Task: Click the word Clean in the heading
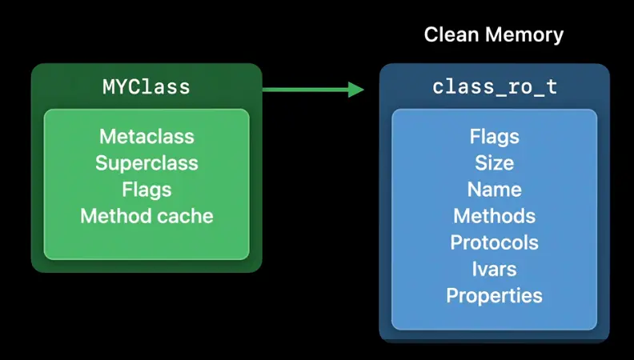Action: click(452, 34)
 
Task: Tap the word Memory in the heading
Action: click(524, 35)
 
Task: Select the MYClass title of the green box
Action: click(146, 87)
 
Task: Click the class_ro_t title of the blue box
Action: click(495, 87)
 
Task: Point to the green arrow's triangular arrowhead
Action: click(355, 90)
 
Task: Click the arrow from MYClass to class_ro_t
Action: click(313, 90)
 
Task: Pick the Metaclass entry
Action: click(146, 137)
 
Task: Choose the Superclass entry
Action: click(146, 164)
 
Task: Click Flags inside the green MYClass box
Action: click(146, 190)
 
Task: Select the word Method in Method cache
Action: click(116, 216)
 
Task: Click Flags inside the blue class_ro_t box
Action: click(495, 137)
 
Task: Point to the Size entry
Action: click(495, 163)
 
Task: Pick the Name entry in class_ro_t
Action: click(495, 190)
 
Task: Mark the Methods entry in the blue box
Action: click(495, 216)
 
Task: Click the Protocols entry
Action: click(495, 243)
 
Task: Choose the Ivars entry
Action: click(495, 269)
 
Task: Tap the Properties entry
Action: click(495, 296)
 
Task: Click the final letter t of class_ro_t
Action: click(552, 87)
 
